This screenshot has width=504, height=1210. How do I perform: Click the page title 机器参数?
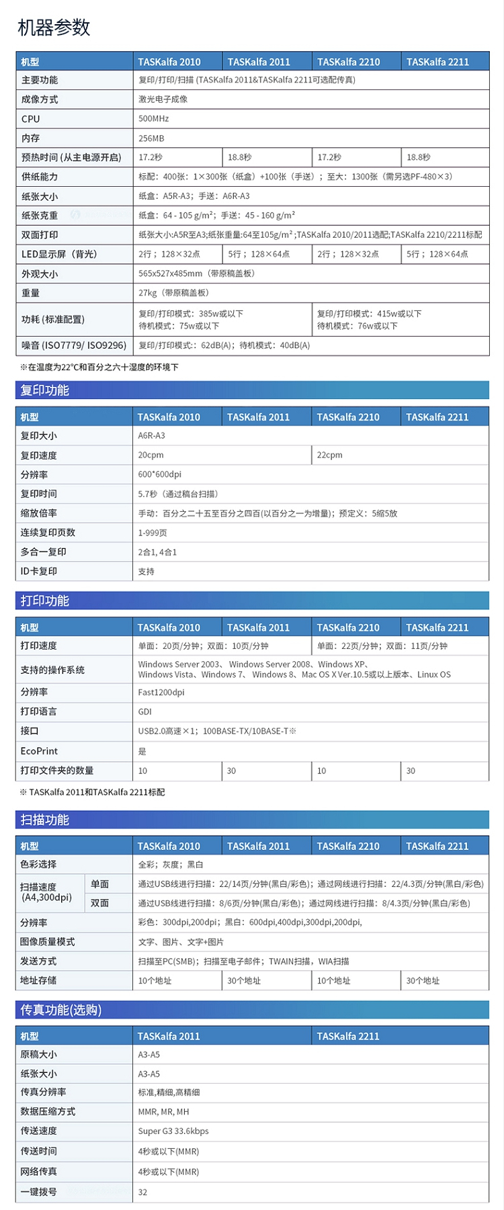coord(54,28)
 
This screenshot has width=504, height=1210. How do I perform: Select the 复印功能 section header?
coord(45,390)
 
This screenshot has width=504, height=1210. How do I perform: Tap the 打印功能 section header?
coord(45,601)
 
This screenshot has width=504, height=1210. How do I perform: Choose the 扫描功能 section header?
coord(45,820)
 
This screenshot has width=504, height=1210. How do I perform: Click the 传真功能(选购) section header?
coord(61,1010)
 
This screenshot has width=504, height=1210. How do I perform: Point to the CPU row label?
coord(31,119)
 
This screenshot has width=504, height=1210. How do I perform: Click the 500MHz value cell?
coord(154,119)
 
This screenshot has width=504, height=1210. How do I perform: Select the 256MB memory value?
coord(151,138)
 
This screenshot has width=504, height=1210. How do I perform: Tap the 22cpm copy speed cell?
coord(330,455)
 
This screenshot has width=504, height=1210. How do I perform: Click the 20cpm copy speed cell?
coord(151,455)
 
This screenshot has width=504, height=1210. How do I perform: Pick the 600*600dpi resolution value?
coord(160,474)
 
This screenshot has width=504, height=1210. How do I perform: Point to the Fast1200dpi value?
coord(161,693)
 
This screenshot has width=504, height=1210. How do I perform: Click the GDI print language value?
coord(145,711)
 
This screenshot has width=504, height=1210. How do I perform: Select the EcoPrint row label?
coord(39,751)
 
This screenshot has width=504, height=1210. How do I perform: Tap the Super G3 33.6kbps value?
coord(173,1131)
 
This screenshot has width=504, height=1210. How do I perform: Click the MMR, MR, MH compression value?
coord(164,1112)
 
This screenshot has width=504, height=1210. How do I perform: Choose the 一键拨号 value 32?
coord(142,1193)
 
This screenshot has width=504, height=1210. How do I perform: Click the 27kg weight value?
coord(173,293)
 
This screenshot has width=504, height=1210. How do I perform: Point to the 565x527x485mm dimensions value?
coord(196,273)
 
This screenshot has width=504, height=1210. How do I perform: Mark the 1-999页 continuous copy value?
coord(153,533)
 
